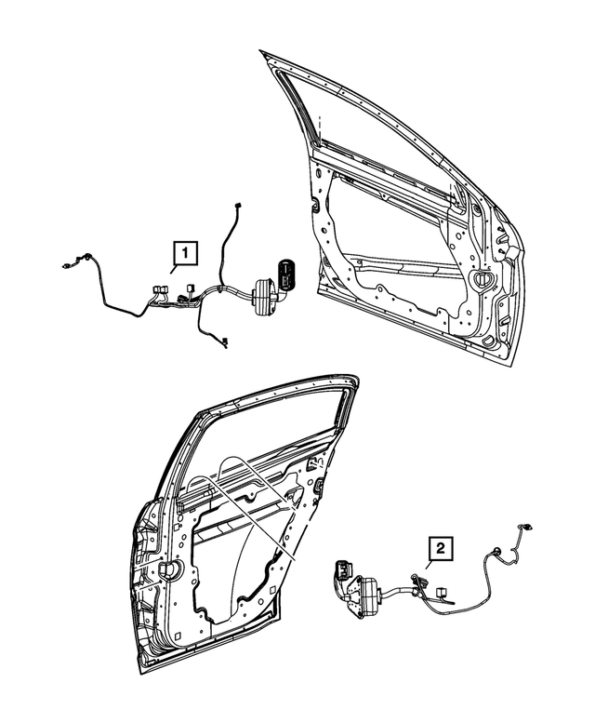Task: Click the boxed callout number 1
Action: click(184, 251)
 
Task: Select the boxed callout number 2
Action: click(441, 549)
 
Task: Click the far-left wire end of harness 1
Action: click(64, 264)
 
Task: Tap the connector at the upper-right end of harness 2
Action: click(523, 528)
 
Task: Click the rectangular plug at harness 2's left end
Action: click(341, 569)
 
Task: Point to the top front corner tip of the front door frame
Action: click(262, 53)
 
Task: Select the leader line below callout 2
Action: click(430, 569)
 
